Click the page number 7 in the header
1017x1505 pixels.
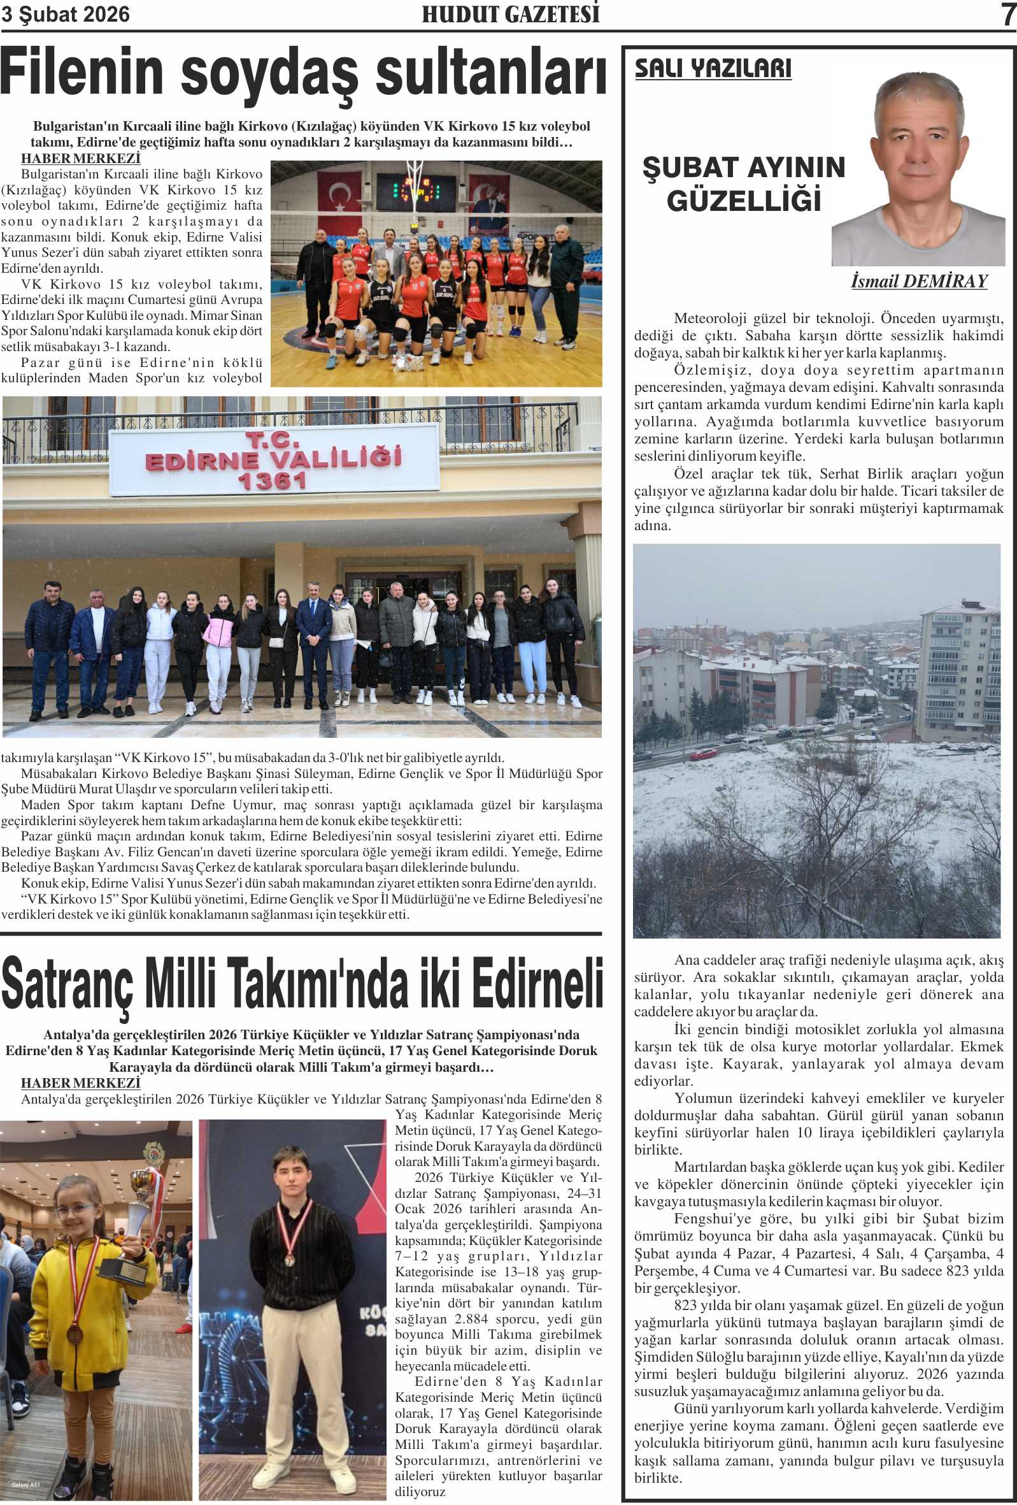pos(1007,14)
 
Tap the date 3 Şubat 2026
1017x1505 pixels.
pos(66,14)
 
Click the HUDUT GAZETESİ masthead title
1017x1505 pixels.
pos(510,14)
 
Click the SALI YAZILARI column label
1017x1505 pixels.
pos(713,69)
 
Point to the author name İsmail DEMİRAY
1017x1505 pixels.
pos(918,281)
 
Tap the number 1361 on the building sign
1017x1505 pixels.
pos(272,480)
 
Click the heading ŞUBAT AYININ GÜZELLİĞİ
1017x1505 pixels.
pos(744,184)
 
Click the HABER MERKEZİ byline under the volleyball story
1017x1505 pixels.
pos(80,159)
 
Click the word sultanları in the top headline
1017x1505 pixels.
pos(491,73)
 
